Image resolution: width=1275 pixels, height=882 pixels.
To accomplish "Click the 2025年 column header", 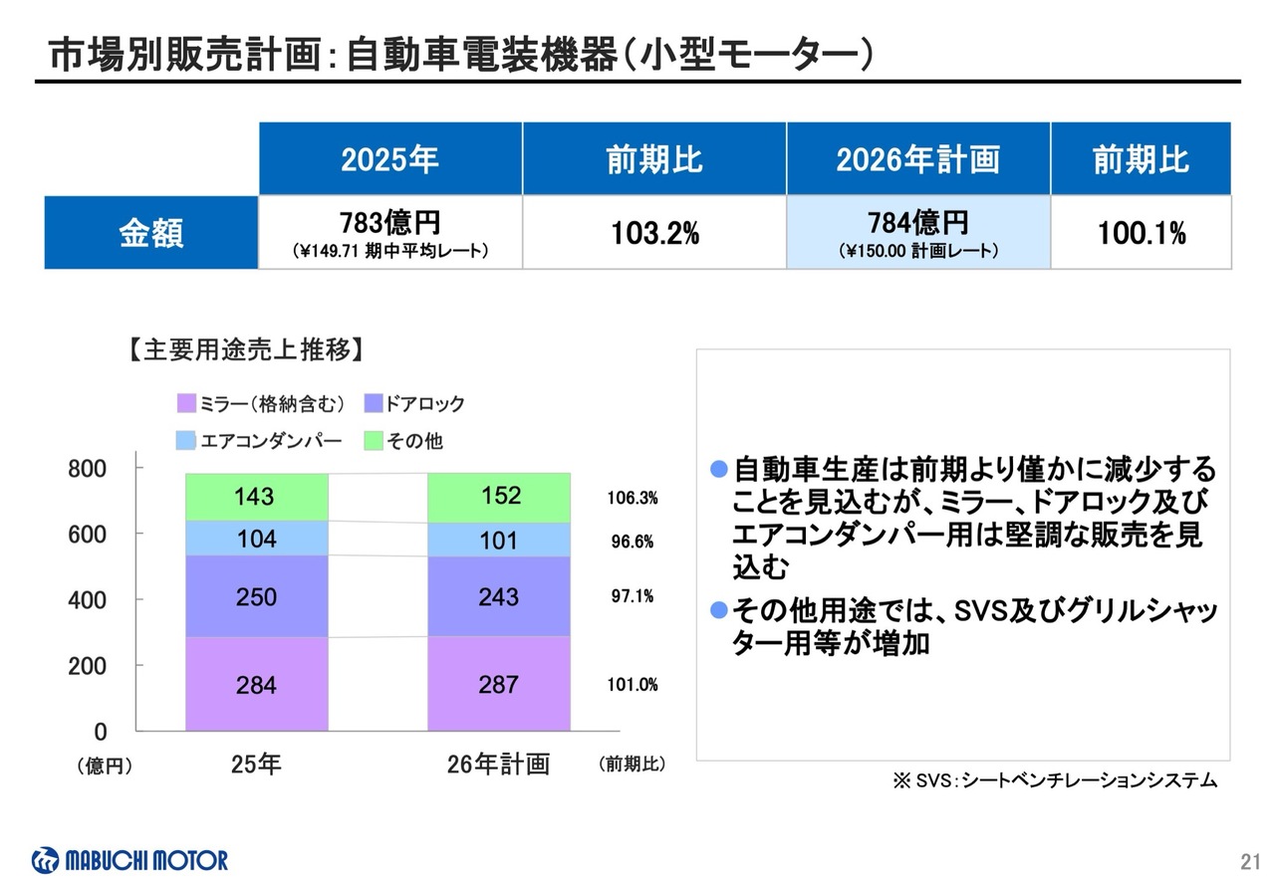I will click(x=389, y=159).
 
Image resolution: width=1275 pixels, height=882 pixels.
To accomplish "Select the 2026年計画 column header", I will click(x=917, y=159).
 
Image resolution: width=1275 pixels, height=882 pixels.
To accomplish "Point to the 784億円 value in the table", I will click(x=917, y=222).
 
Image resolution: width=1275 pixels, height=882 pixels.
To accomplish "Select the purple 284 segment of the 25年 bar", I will click(x=256, y=685).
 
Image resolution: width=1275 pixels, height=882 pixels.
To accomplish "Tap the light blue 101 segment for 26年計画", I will click(x=498, y=541).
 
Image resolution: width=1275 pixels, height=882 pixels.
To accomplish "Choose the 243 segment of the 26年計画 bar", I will click(x=498, y=596).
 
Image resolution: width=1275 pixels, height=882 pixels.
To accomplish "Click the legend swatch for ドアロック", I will click(x=374, y=404).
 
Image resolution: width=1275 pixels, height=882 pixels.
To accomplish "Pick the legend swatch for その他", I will click(x=374, y=440).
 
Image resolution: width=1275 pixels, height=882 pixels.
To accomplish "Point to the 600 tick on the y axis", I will click(x=87, y=535).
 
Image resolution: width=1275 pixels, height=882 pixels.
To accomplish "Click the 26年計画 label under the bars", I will click(x=498, y=765).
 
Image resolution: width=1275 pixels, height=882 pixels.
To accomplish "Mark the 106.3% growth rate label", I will click(x=632, y=498).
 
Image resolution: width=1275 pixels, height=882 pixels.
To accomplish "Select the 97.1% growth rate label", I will click(x=632, y=596).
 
